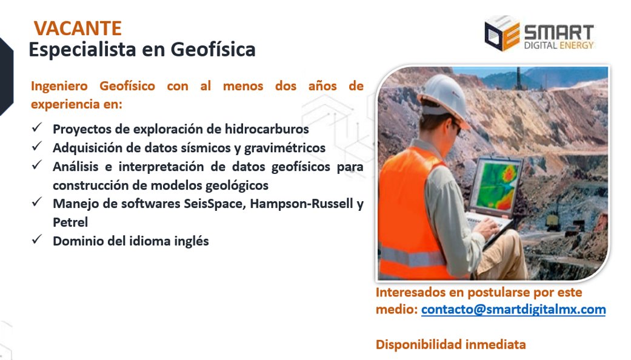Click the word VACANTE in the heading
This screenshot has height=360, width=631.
point(78,28)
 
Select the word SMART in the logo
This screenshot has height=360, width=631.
point(558,30)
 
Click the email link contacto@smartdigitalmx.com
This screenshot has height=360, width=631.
point(513,310)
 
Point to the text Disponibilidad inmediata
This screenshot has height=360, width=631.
point(450,345)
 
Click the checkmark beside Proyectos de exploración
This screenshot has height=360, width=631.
point(37,128)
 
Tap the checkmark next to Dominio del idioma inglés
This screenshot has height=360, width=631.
point(37,240)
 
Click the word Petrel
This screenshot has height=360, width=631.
point(70,222)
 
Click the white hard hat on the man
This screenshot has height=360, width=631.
point(442,95)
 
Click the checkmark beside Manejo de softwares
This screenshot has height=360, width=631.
point(37,203)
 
